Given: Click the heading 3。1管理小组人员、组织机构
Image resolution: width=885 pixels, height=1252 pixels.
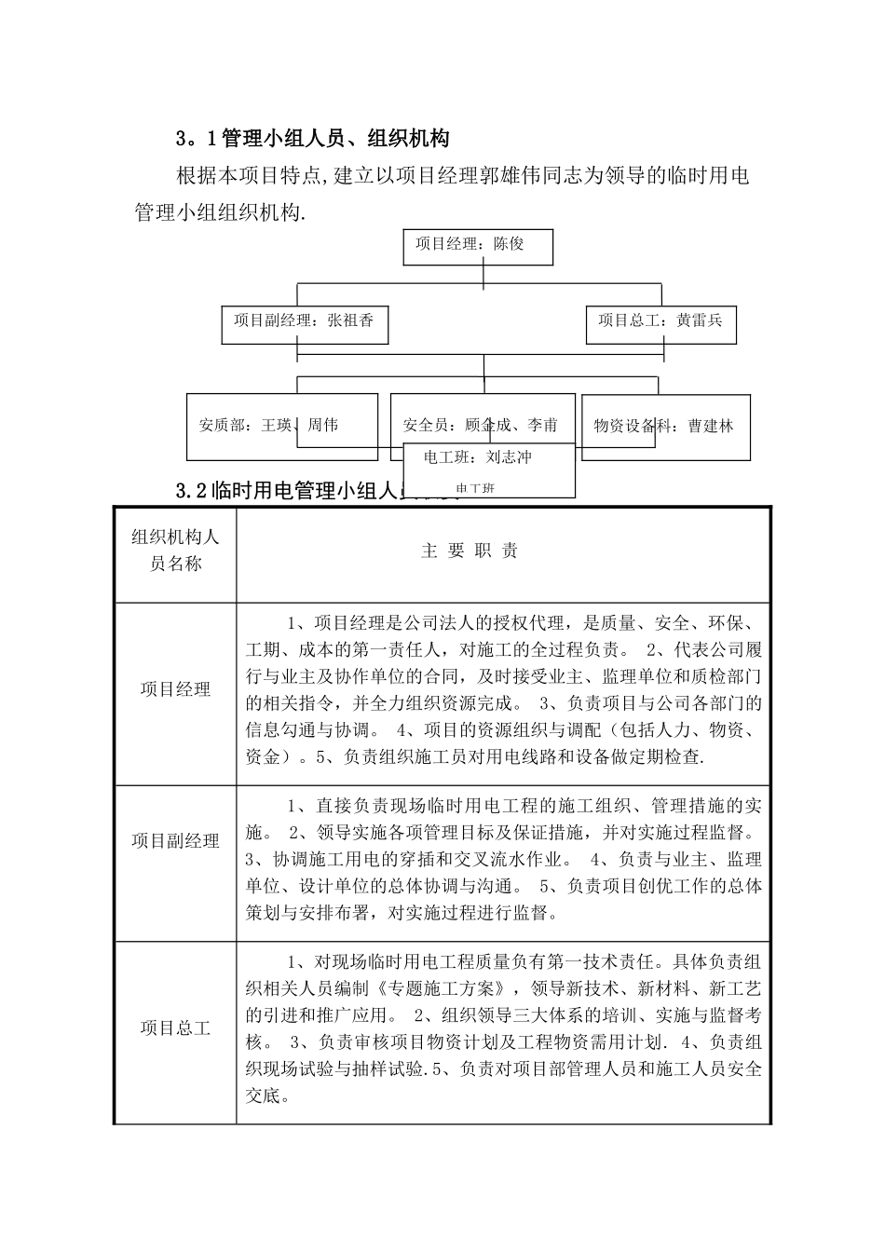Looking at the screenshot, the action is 312,139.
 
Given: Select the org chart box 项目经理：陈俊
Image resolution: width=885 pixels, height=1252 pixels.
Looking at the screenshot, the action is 478,245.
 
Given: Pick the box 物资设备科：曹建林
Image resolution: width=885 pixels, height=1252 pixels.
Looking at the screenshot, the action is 664,426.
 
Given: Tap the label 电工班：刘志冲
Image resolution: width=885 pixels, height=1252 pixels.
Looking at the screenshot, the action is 478,457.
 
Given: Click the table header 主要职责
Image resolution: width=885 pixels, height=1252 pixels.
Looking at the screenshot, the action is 470,551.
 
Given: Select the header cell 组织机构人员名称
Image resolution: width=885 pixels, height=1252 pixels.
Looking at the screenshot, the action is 175,550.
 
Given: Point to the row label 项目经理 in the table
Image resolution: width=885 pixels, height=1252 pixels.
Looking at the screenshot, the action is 175,690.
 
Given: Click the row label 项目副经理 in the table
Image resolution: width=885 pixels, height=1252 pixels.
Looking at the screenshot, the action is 175,841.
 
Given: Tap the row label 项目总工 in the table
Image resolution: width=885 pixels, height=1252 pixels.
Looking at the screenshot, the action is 175,1028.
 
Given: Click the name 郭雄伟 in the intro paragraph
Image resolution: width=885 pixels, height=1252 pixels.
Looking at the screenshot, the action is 477,175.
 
